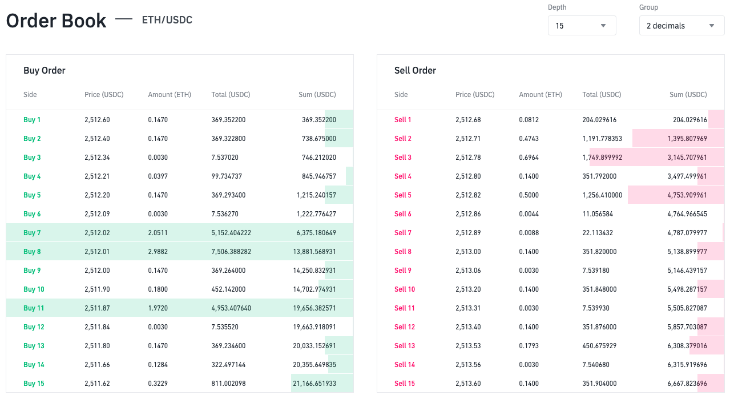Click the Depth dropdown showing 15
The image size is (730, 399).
click(x=582, y=26)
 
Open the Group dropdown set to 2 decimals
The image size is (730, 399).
click(x=681, y=26)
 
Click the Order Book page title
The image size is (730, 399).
click(x=56, y=21)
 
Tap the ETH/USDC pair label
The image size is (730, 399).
click(x=167, y=20)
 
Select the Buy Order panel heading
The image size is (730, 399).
click(x=45, y=71)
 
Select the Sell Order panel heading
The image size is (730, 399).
click(x=415, y=71)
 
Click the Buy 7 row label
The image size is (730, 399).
click(x=32, y=233)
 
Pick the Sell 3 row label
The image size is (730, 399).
click(x=403, y=158)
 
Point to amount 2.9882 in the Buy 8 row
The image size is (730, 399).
click(x=158, y=252)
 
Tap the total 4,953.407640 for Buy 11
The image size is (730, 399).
click(x=231, y=308)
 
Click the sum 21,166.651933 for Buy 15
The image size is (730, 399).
click(x=314, y=384)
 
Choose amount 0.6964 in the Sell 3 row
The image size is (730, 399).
click(x=529, y=158)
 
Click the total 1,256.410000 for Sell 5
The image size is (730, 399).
click(x=602, y=195)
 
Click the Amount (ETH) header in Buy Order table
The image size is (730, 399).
click(x=170, y=95)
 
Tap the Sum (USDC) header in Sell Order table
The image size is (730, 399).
click(x=688, y=95)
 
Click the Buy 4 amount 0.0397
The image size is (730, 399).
click(x=158, y=176)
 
